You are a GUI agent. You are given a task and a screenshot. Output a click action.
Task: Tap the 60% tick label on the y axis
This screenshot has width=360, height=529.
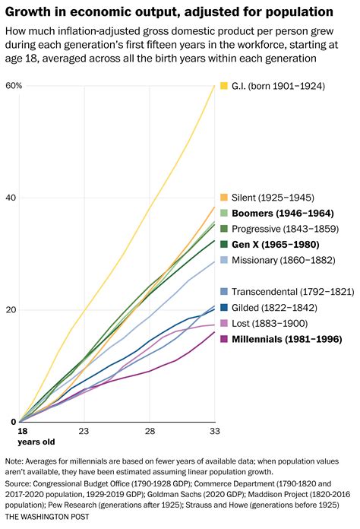click(14, 85)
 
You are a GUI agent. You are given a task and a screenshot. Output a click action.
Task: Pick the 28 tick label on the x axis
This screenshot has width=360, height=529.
click(150, 431)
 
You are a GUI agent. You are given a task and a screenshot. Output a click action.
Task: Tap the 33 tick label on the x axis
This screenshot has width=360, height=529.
click(215, 431)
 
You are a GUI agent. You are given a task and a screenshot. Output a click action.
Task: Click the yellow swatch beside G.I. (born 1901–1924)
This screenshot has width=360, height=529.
click(223, 86)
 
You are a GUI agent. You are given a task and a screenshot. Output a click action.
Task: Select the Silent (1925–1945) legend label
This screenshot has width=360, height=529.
click(273, 197)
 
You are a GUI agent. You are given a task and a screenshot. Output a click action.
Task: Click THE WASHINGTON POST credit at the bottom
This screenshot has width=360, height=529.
click(46, 516)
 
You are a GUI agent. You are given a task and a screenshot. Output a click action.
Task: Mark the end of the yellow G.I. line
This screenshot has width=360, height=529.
click(215, 85)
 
